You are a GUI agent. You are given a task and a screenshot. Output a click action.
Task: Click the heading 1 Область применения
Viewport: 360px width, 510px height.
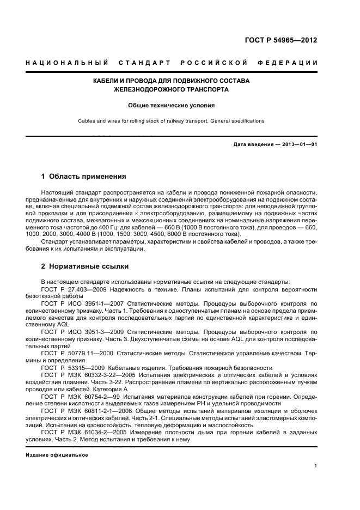[84, 177]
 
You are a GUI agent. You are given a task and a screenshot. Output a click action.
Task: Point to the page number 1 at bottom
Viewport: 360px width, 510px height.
[316, 466]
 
